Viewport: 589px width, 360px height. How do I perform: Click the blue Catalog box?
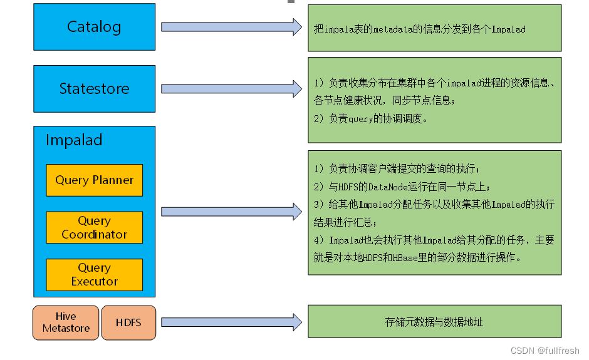click(94, 27)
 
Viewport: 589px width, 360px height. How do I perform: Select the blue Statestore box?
click(94, 89)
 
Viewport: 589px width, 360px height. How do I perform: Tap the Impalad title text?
click(74, 140)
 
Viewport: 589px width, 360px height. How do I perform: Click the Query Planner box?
click(94, 180)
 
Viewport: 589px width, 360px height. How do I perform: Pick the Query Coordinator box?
click(94, 227)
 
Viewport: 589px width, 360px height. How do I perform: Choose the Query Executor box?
click(94, 274)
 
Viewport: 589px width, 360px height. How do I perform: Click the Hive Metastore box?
click(66, 322)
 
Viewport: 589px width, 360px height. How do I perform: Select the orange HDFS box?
click(128, 323)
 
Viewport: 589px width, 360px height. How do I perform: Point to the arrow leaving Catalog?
click(231, 27)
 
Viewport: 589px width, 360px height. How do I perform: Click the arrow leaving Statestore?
click(231, 89)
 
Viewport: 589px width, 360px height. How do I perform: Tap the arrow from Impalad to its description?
click(231, 212)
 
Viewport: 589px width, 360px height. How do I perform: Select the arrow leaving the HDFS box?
click(231, 322)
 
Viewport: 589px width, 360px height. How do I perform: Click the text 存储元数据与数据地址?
click(434, 322)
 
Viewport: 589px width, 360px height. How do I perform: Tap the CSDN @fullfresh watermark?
click(545, 351)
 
